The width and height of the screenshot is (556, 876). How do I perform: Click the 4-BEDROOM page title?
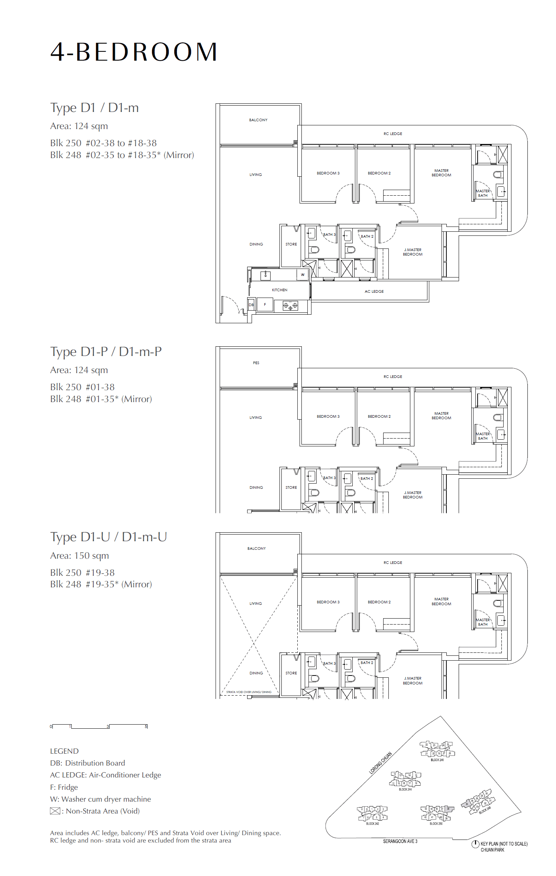pos(134,52)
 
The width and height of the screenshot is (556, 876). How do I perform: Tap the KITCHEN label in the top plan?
pos(279,290)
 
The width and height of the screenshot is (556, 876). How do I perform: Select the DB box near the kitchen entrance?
pos(251,305)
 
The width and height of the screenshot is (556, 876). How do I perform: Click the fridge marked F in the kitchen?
pos(265,305)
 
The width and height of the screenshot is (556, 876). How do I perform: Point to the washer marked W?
pos(303,275)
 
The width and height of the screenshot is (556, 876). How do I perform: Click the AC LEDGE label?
pos(374,292)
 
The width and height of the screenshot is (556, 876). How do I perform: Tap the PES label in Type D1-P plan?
pos(256,363)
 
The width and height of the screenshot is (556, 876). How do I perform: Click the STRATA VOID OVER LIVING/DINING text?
pos(249,692)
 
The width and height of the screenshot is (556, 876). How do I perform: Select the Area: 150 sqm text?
pos(80,556)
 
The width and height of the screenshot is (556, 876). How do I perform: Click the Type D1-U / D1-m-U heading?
pos(109,537)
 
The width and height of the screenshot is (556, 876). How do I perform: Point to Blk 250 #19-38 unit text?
pos(83,573)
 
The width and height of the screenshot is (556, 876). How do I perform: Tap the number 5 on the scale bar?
pos(146,726)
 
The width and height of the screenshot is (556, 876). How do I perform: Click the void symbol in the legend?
pos(55,811)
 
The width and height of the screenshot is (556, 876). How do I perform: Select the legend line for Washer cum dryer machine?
pos(100,799)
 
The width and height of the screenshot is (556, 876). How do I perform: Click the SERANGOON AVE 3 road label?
pos(400,841)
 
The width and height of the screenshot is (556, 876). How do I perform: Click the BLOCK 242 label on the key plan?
pos(372,824)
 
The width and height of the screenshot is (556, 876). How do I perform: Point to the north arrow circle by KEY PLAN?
pos(475,844)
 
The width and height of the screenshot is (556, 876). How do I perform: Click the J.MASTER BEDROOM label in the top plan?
pos(413,252)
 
